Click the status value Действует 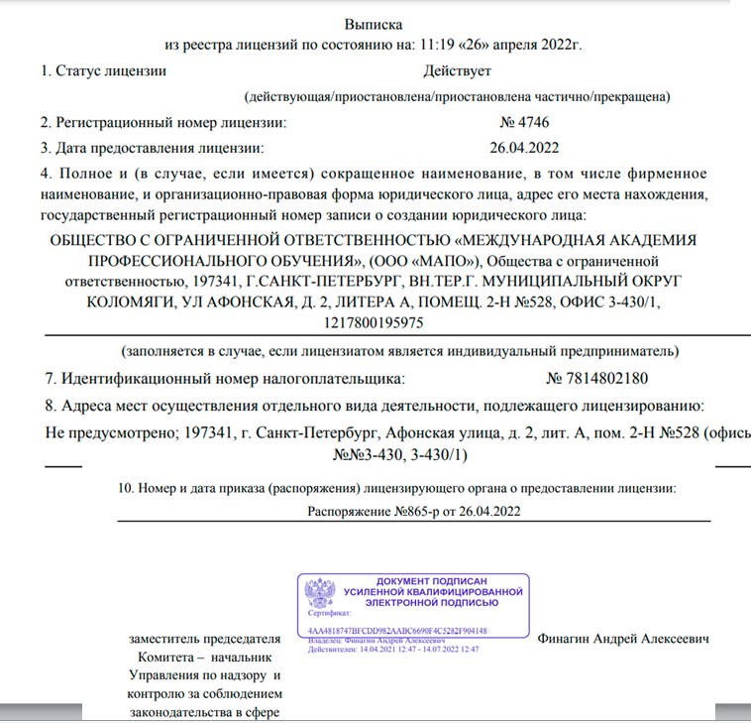457,70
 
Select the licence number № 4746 525,123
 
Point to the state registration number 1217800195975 375,322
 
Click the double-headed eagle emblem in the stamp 321,594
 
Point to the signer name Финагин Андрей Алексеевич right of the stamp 623,639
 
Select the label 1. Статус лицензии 103,70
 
